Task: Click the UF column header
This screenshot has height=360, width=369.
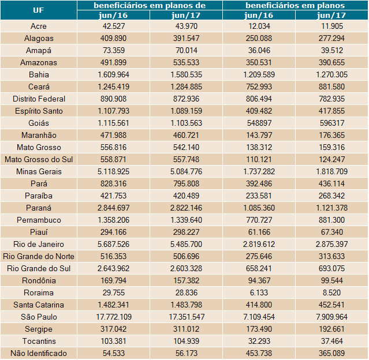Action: (x=39, y=10)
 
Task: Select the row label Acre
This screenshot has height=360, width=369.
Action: (x=39, y=26)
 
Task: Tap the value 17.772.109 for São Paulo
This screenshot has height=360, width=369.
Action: (x=114, y=317)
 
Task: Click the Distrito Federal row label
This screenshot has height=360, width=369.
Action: (x=39, y=99)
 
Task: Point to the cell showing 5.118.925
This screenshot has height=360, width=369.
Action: (x=114, y=171)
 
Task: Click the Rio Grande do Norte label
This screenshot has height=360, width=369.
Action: (x=39, y=256)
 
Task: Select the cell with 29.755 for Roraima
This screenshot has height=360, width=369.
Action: (x=114, y=292)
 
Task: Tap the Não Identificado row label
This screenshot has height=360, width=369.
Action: (x=39, y=353)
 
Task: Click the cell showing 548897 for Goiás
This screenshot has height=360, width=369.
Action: (x=259, y=123)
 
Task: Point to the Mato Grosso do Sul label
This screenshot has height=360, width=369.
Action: (x=39, y=159)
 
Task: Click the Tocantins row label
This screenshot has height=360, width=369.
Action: (x=39, y=341)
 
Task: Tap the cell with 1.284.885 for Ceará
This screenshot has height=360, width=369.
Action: (x=187, y=87)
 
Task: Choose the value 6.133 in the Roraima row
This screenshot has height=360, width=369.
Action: (x=259, y=292)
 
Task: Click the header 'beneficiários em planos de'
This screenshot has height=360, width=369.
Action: (x=150, y=5)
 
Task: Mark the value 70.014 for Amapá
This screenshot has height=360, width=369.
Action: (x=187, y=50)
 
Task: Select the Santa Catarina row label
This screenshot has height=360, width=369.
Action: (x=39, y=305)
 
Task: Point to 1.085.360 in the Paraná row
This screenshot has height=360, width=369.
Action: (x=259, y=208)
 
